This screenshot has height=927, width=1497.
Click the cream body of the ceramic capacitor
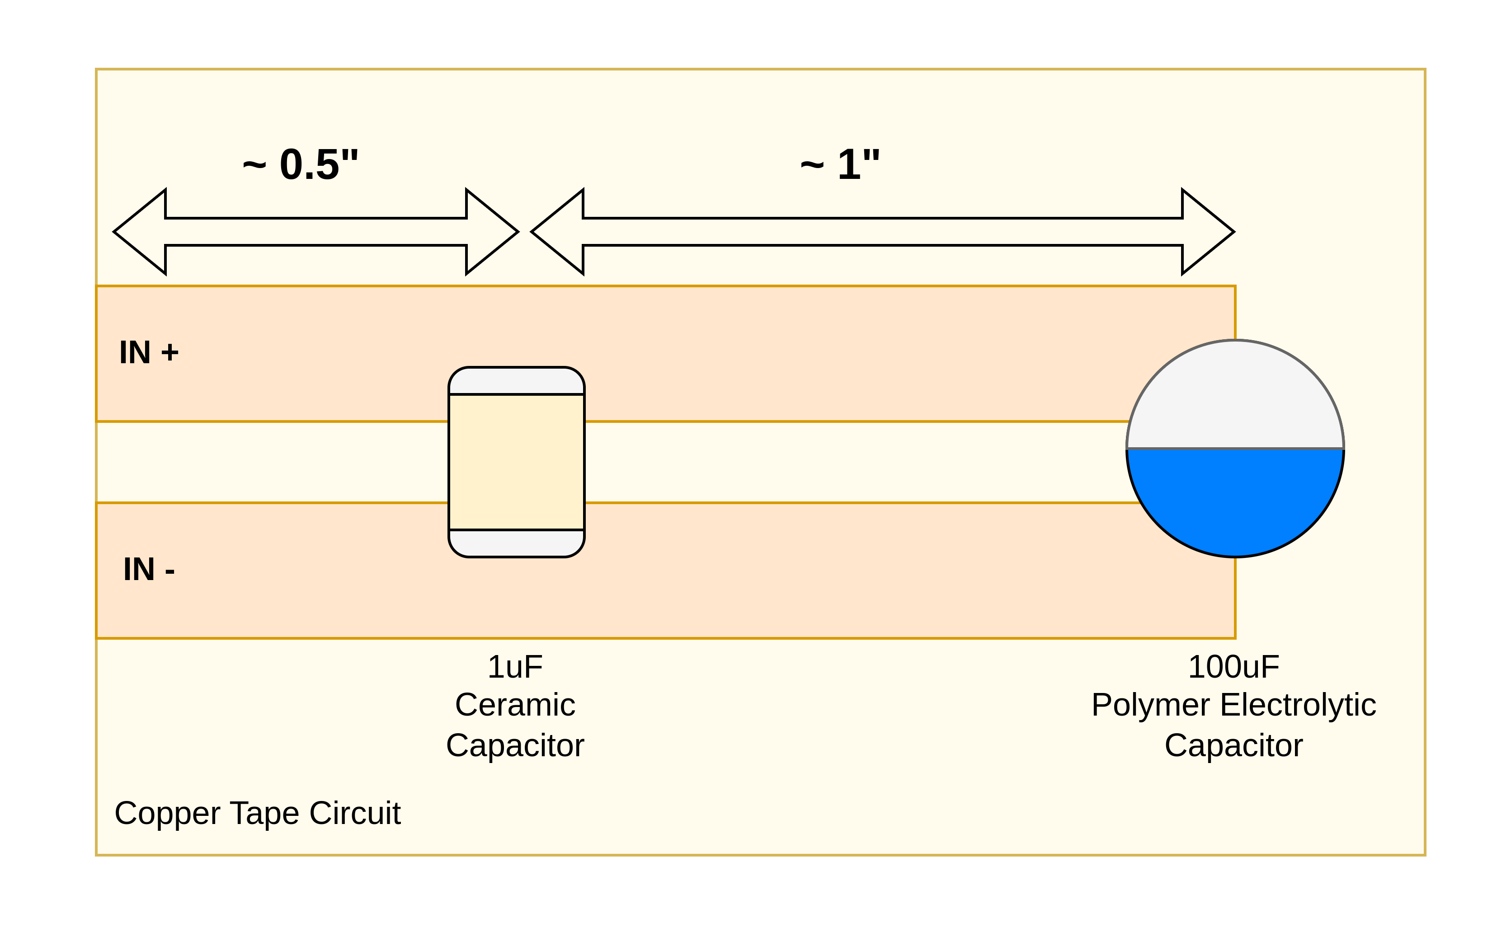click(516, 462)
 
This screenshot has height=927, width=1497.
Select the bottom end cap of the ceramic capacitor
click(516, 543)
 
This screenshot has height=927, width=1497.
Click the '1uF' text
click(515, 667)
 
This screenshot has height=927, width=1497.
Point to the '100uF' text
click(1233, 667)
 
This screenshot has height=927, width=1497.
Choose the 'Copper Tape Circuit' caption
click(257, 813)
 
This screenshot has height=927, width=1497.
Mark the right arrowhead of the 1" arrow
click(1205, 232)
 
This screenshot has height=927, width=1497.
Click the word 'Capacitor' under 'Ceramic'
click(515, 745)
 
